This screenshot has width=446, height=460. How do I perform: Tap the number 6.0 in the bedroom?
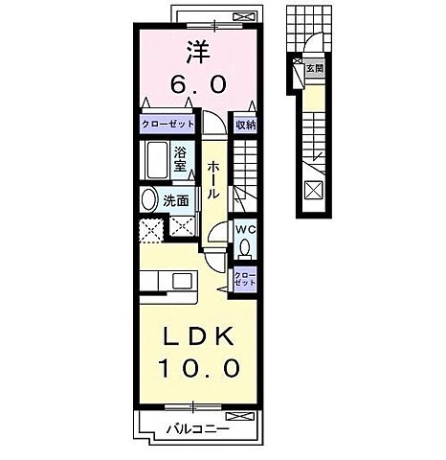(x=198, y=84)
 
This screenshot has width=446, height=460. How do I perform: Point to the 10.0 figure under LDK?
(x=198, y=368)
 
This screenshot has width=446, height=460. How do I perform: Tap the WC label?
(x=245, y=230)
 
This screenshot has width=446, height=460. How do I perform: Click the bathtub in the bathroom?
(x=154, y=158)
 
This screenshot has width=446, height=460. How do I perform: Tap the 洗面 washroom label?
(x=177, y=200)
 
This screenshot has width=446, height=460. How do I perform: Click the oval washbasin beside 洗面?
(x=149, y=200)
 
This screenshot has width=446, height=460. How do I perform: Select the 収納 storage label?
(x=244, y=126)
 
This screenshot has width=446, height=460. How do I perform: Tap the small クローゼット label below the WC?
(x=244, y=281)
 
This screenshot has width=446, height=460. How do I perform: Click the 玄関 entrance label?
(x=314, y=69)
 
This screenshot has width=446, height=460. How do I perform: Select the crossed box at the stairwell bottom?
(x=313, y=189)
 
